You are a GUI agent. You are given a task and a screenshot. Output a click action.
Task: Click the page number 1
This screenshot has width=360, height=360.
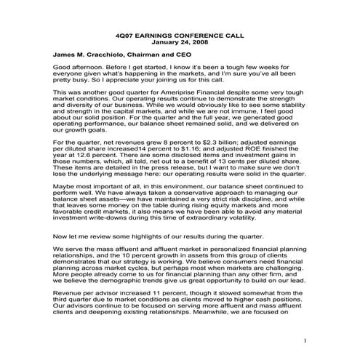[305, 340]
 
